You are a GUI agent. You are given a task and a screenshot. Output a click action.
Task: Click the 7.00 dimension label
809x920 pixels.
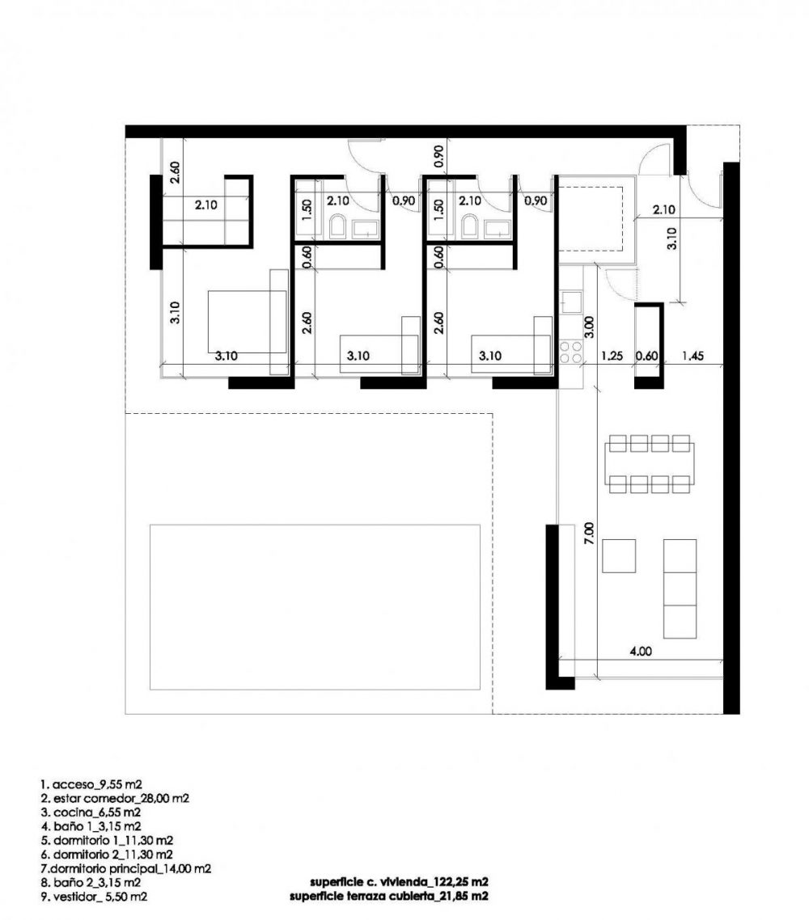click(590, 534)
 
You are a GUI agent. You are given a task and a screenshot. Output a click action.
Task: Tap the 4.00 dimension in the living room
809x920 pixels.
click(640, 651)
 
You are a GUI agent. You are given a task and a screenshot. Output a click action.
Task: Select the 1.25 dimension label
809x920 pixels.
click(612, 356)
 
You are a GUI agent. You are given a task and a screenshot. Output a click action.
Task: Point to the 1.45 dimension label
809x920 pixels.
click(693, 356)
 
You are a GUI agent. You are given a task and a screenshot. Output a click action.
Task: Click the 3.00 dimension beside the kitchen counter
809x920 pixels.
click(590, 327)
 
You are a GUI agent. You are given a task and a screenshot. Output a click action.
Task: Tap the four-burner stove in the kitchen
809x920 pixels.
click(570, 352)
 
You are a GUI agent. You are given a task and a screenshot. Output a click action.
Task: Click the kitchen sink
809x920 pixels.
click(570, 302)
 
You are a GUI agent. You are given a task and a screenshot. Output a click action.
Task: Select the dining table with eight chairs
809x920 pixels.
click(650, 463)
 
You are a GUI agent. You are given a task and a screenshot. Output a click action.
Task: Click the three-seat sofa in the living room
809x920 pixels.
click(680, 589)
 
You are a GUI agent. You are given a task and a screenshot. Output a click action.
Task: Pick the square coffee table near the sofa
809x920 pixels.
click(619, 555)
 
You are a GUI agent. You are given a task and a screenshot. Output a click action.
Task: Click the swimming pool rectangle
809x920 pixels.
click(315, 606)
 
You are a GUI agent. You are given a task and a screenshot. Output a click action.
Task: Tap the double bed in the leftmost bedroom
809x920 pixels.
click(248, 322)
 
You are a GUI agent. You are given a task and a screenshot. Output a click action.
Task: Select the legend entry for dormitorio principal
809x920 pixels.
click(125, 868)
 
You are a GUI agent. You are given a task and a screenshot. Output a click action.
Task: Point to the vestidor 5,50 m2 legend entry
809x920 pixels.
click(94, 897)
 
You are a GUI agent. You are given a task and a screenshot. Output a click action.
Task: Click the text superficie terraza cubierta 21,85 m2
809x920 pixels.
click(388, 896)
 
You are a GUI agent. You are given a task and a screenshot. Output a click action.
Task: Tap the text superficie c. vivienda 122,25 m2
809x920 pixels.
click(399, 882)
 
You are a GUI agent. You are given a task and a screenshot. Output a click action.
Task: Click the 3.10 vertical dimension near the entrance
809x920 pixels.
click(672, 238)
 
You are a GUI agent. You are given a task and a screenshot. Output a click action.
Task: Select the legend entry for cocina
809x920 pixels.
click(91, 812)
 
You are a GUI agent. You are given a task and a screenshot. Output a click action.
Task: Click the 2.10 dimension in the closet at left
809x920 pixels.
click(206, 205)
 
